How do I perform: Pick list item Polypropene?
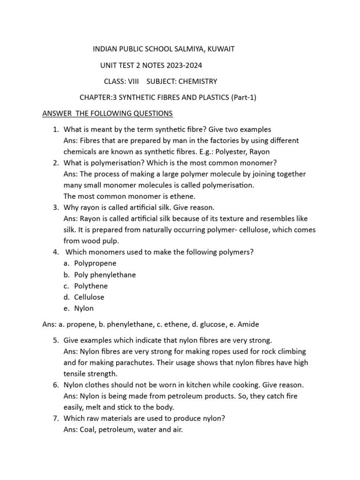[x=95, y=263]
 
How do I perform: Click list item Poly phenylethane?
[x=105, y=275]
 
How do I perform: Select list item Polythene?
[x=91, y=286]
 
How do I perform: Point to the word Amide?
[x=248, y=324]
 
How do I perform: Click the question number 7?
[x=55, y=419]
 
